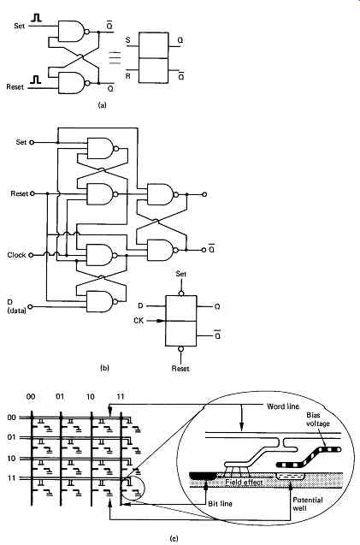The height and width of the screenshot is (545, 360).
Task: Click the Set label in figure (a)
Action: pyautogui.click(x=20, y=26)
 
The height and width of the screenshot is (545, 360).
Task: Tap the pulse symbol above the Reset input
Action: pyautogui.click(x=35, y=80)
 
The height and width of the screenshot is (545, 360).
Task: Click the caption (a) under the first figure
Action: pyautogui.click(x=103, y=105)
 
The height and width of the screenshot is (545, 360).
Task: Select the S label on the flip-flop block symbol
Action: pyautogui.click(x=128, y=40)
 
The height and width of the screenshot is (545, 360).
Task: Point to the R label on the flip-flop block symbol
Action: pyautogui.click(x=128, y=76)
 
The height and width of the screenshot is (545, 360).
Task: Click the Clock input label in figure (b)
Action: pyautogui.click(x=17, y=255)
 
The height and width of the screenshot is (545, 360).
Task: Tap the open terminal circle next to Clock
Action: pyautogui.click(x=31, y=255)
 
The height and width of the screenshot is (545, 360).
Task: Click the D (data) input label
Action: pyautogui.click(x=17, y=306)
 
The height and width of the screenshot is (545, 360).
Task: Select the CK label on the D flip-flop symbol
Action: pyautogui.click(x=139, y=321)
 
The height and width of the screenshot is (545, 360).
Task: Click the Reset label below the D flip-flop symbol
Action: pyautogui.click(x=180, y=369)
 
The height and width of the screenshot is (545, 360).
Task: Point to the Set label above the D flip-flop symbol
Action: pyautogui.click(x=181, y=274)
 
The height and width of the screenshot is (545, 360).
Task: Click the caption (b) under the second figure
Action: pyautogui.click(x=104, y=368)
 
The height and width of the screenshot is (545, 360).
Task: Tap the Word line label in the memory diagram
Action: pyautogui.click(x=282, y=406)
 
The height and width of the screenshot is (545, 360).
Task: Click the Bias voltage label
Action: pyautogui.click(x=318, y=419)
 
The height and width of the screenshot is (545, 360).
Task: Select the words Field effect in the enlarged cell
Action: pyautogui.click(x=244, y=482)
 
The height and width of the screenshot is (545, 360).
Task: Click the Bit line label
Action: pyautogui.click(x=221, y=503)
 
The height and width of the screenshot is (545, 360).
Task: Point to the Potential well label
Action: pyautogui.click(x=308, y=504)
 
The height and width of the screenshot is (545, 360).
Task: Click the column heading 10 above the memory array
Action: pyautogui.click(x=91, y=397)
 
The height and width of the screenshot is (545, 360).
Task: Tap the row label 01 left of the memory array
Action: pyautogui.click(x=11, y=437)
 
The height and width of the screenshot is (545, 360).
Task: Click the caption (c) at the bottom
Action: pyautogui.click(x=174, y=539)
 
